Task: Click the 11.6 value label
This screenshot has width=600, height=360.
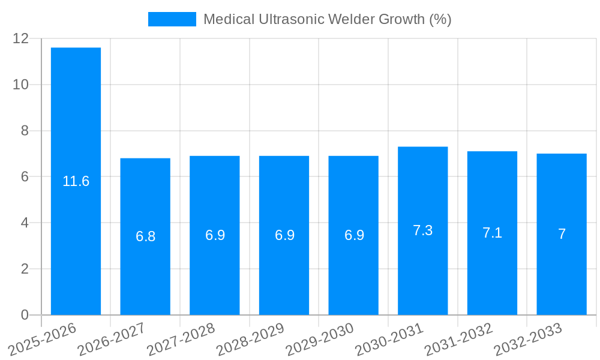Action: tap(76, 181)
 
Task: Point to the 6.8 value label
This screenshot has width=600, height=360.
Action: tap(145, 236)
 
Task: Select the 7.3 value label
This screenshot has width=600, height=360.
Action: tap(422, 230)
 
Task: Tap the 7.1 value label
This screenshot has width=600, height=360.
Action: tap(492, 233)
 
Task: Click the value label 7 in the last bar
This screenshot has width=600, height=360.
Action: tap(562, 234)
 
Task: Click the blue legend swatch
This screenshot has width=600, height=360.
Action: tap(172, 19)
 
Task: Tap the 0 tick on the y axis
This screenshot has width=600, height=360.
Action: tap(25, 315)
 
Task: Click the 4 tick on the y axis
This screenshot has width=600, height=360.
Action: tap(25, 223)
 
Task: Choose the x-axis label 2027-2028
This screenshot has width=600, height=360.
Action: tap(181, 339)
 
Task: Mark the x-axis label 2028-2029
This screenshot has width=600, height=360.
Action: tap(250, 339)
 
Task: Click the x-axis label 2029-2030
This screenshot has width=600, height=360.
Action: tap(320, 339)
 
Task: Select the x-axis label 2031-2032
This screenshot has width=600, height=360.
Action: tap(459, 339)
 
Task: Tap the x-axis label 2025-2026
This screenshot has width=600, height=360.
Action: tap(43, 339)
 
